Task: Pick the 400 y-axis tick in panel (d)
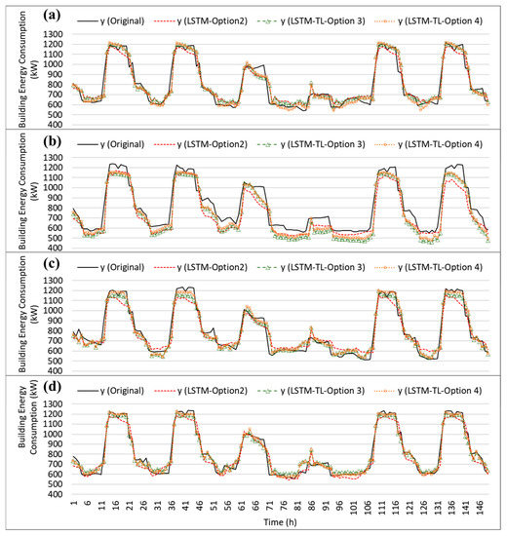[57, 494]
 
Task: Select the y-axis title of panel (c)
[21, 320]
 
